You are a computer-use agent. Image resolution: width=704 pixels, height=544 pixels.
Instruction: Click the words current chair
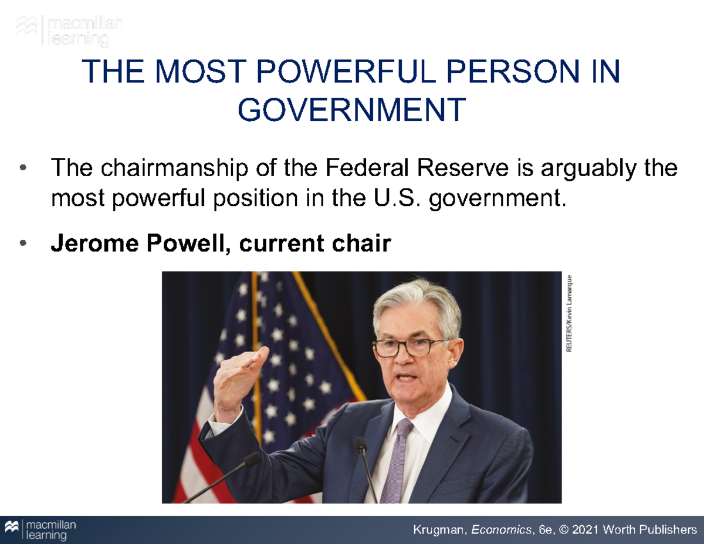pos(315,244)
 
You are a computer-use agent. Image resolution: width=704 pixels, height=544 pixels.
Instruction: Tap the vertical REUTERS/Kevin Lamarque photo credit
pos(568,313)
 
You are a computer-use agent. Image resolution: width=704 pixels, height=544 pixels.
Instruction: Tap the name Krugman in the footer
pos(436,531)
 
